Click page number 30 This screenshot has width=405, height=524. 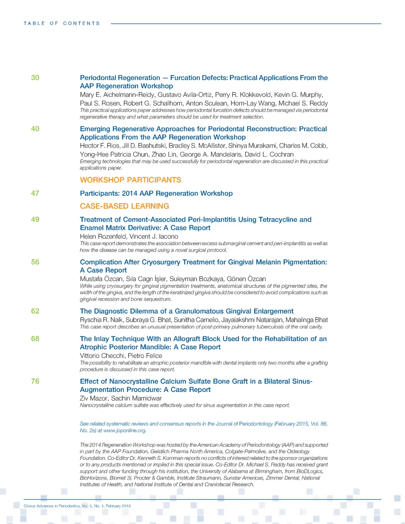[x=35, y=78]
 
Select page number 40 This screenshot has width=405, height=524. [x=35, y=129]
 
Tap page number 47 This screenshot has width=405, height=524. [x=35, y=193]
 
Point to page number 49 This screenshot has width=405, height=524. [x=35, y=219]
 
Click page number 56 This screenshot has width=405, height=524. [x=35, y=262]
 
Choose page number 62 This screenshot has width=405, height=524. [x=35, y=311]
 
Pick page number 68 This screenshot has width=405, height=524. [x=35, y=339]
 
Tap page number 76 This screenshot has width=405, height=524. [x=35, y=381]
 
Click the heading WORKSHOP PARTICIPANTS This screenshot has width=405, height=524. [x=131, y=180]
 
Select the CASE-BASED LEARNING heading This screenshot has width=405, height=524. [x=124, y=206]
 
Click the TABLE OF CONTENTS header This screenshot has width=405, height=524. [x=62, y=23]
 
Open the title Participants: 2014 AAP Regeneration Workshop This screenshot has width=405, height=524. [x=156, y=193]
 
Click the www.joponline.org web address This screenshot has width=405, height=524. [x=125, y=430]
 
